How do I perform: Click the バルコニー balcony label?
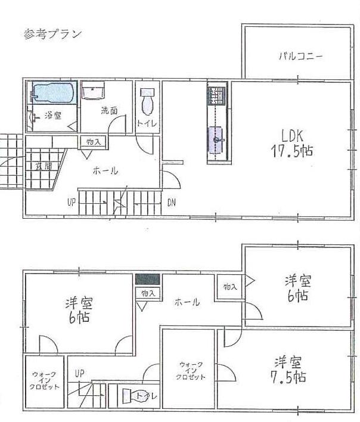click(x=301, y=57)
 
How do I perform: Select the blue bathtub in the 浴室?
click(x=52, y=93)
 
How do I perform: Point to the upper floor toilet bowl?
click(x=147, y=105)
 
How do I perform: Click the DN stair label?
click(x=172, y=201)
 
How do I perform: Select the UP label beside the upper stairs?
click(x=71, y=201)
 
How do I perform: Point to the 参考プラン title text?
click(x=52, y=33)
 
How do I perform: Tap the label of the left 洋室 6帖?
click(x=79, y=311)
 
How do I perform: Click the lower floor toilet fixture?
click(x=134, y=395)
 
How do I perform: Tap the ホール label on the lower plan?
click(x=187, y=303)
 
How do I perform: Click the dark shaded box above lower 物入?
click(x=148, y=279)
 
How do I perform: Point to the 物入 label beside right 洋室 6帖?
click(x=230, y=287)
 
